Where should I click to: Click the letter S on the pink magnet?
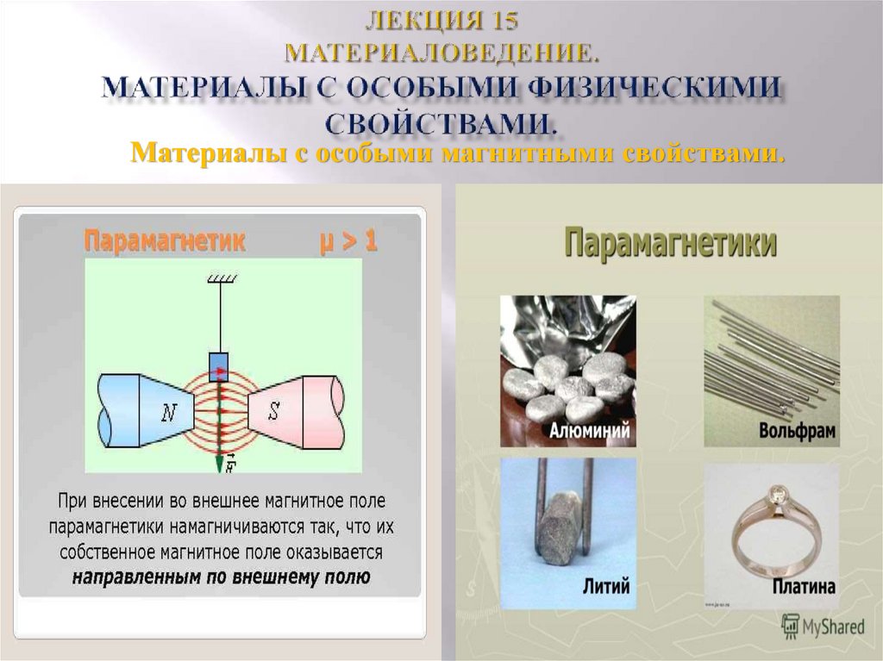tap(274, 410)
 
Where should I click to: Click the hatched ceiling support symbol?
tap(221, 278)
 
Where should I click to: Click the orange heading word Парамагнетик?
tap(164, 242)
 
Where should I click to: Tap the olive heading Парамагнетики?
tap(671, 243)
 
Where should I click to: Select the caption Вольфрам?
tap(798, 431)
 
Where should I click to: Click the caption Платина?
tap(804, 588)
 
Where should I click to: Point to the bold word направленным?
tap(129, 577)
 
